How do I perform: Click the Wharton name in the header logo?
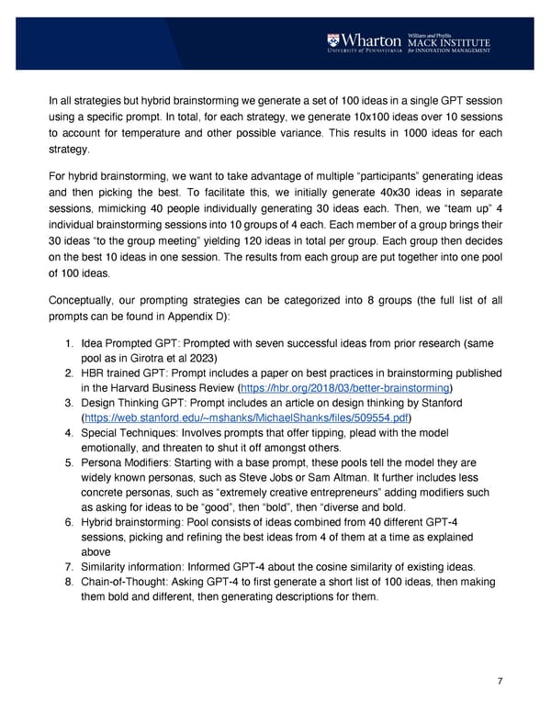tap(372, 41)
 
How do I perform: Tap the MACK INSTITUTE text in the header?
tap(451, 41)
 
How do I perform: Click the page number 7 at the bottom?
tap(498, 681)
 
